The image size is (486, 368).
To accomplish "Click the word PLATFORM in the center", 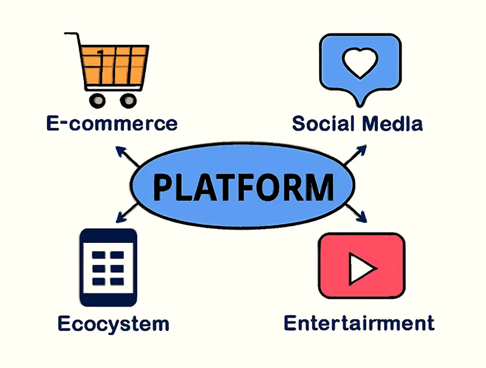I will pyautogui.click(x=243, y=186).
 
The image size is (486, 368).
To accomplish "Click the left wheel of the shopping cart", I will pyautogui.click(x=95, y=100).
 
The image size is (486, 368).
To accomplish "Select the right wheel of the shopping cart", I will pyautogui.click(x=128, y=100).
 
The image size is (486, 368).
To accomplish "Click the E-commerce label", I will pyautogui.click(x=112, y=124).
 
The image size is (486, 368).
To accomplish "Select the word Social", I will pyautogui.click(x=324, y=124).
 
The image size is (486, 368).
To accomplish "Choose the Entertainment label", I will pyautogui.click(x=359, y=322).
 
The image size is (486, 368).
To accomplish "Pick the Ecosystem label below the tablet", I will pyautogui.click(x=113, y=323).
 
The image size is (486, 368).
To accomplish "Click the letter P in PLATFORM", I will pyautogui.click(x=164, y=186).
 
